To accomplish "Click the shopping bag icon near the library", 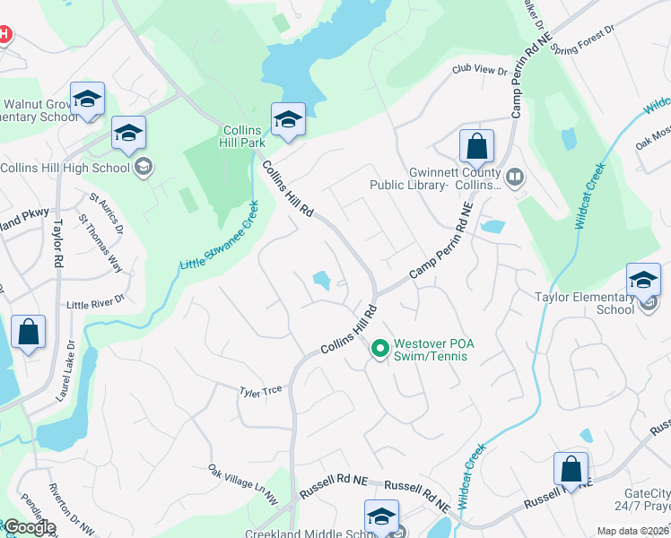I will (477, 146).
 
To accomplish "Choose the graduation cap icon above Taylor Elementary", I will (643, 281).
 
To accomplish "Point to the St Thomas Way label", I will (100, 241).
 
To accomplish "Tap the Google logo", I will (29, 527).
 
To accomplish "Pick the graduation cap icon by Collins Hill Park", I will (288, 119).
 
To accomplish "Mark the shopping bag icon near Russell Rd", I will (571, 469).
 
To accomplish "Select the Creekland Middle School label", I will (303, 534).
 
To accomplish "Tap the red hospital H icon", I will (4, 35).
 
